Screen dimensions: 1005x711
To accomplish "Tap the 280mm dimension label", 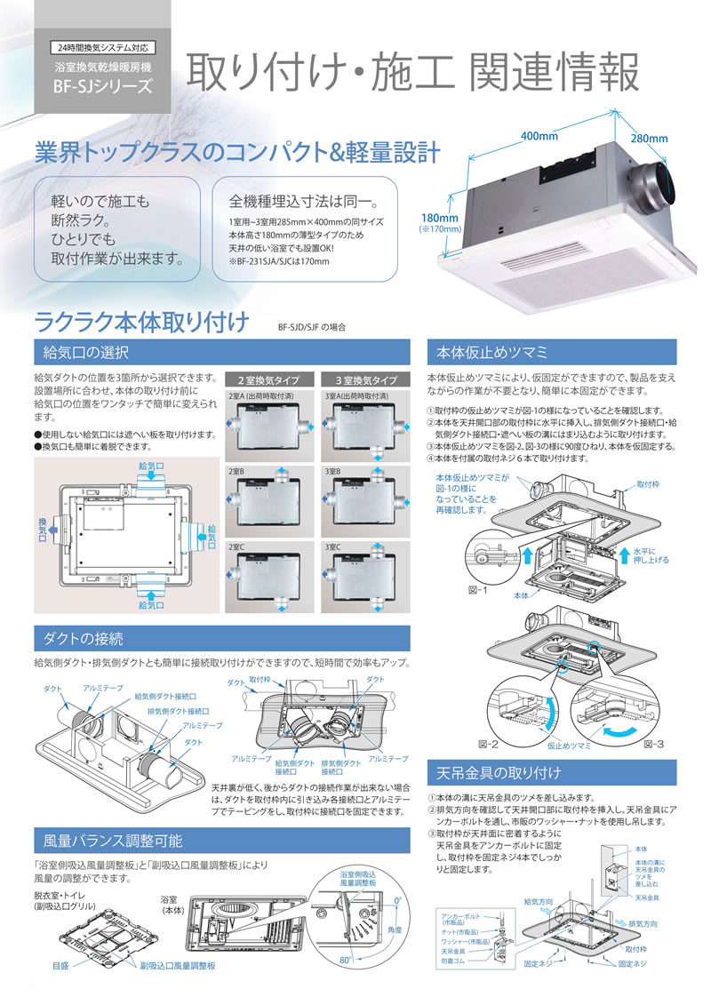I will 650,139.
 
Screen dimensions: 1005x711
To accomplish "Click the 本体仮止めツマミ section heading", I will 485,351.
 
